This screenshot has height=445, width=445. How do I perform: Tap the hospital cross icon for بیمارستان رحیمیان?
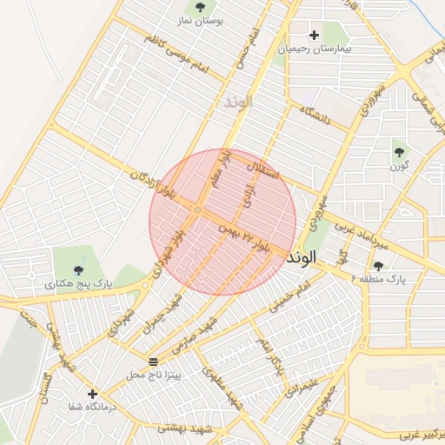click(x=314, y=35)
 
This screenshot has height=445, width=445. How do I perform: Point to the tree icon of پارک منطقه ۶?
click(x=377, y=265)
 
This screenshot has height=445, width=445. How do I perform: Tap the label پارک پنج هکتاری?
click(x=79, y=283)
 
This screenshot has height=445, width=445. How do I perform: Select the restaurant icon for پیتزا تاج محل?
click(x=153, y=361)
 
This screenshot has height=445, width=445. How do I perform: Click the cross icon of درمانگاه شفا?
click(x=92, y=394)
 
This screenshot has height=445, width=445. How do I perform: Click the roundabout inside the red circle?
click(x=198, y=211)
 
